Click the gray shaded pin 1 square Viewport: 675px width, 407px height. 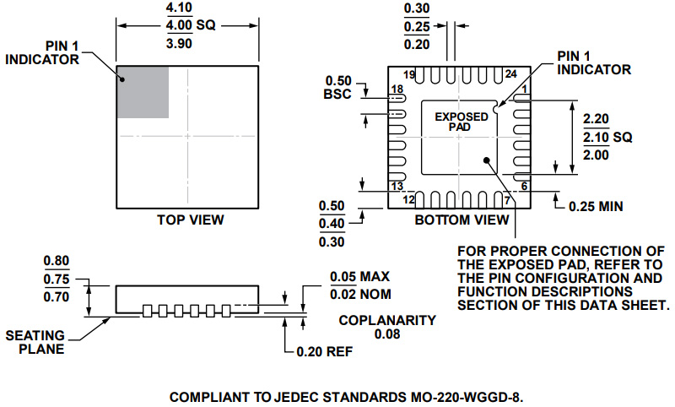(143, 91)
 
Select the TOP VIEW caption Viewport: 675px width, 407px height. (191, 220)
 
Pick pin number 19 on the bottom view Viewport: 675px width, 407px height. (409, 75)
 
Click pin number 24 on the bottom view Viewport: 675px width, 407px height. (510, 75)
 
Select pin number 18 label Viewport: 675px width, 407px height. (396, 90)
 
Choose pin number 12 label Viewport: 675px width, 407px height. (409, 200)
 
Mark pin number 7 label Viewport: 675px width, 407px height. (508, 200)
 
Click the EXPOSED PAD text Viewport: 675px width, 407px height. (461, 122)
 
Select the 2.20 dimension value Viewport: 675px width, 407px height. (597, 118)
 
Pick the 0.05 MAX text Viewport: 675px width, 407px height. (360, 276)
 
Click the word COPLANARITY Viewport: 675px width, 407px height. (387, 321)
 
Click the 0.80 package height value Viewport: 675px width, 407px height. (57, 261)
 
